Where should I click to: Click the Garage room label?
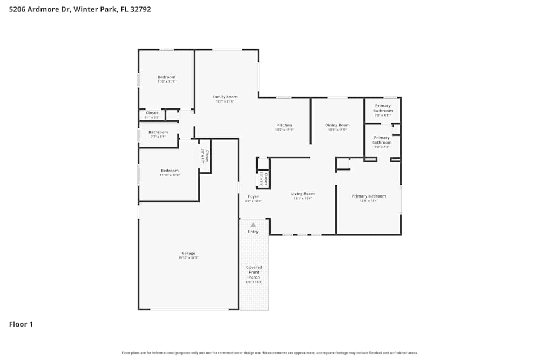(x=188, y=253)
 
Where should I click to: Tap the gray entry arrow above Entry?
(x=253, y=225)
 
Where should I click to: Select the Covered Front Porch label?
(x=254, y=273)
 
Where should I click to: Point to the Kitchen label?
(x=284, y=125)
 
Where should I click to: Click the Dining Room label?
(x=337, y=125)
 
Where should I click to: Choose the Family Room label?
(x=225, y=97)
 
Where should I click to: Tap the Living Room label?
(x=302, y=194)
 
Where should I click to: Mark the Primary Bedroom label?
(x=369, y=196)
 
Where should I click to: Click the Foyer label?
(x=253, y=196)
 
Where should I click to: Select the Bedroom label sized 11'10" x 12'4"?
(x=170, y=171)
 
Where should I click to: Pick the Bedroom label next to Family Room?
(x=166, y=77)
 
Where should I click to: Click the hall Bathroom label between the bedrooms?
(x=158, y=132)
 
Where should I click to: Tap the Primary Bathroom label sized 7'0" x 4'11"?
(x=383, y=108)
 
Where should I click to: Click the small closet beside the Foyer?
(x=263, y=179)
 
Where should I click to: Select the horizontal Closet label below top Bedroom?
(x=152, y=113)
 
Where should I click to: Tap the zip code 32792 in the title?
(x=139, y=9)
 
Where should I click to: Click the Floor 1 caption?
(x=21, y=324)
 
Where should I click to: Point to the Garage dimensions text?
(x=188, y=258)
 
